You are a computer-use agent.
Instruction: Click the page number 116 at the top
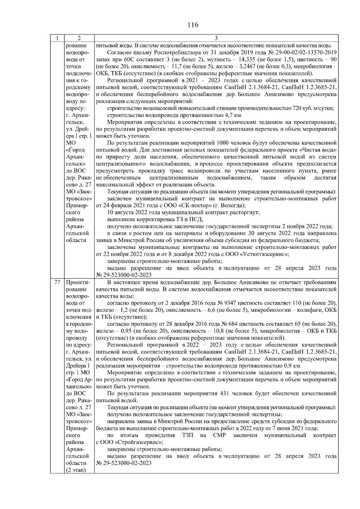pos(193,25)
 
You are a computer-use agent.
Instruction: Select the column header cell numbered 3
pos(216,38)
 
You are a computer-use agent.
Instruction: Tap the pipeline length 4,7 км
pos(233,115)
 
